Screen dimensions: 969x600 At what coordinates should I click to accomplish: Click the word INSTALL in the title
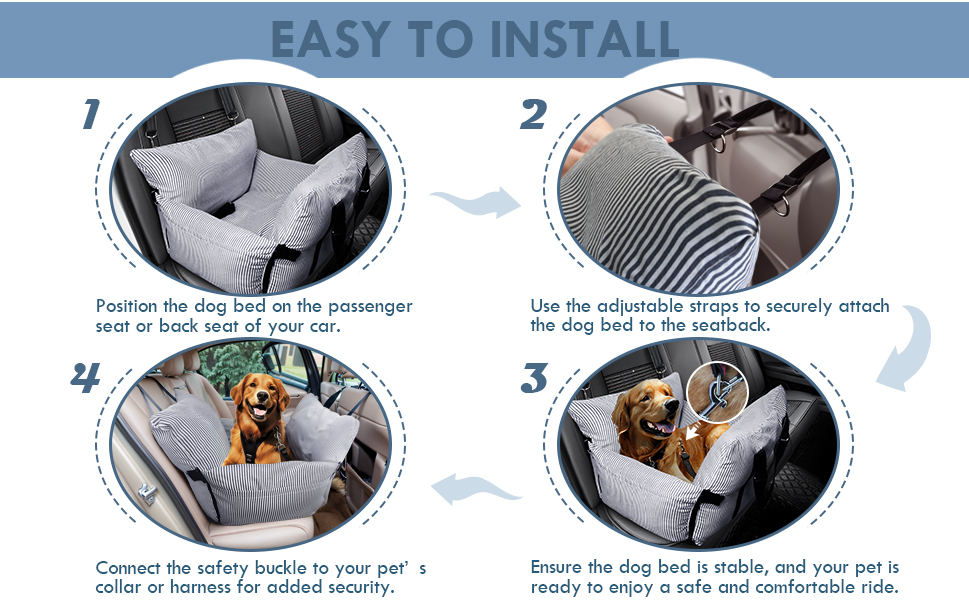584,40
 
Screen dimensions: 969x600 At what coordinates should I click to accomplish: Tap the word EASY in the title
331,40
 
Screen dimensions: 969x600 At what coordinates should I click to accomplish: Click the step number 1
91,114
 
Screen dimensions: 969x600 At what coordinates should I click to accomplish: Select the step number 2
533,114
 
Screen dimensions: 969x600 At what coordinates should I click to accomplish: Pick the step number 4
86,377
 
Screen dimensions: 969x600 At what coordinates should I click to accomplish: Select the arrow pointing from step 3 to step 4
476,489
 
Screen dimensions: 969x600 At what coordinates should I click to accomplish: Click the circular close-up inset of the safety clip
717,392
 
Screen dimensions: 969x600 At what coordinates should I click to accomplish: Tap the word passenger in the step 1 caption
370,307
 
